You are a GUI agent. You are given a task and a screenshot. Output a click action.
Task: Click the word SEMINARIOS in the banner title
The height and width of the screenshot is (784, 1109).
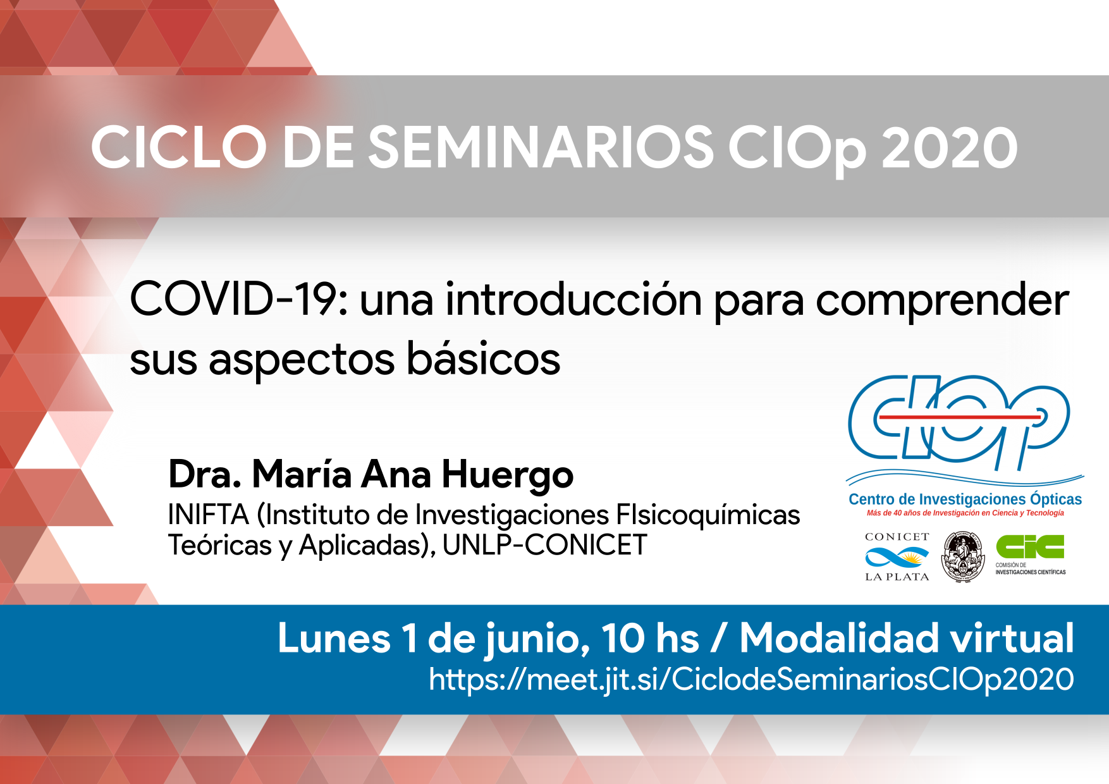pos(541,147)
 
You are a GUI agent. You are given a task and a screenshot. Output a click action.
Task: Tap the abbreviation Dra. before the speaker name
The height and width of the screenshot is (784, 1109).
pos(205,474)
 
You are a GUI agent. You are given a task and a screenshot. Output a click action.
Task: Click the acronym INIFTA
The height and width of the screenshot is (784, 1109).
pos(209,515)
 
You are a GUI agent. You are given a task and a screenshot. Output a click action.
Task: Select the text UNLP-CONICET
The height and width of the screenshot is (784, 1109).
pos(545,545)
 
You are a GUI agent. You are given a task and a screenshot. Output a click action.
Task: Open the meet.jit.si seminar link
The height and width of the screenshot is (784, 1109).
pos(751,680)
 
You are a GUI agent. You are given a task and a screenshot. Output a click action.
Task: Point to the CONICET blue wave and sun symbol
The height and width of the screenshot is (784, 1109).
pos(897,557)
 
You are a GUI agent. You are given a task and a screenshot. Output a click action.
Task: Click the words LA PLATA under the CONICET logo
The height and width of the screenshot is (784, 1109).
pos(897,577)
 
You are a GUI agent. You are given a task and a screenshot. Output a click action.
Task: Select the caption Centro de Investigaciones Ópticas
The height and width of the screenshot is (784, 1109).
pos(965,499)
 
